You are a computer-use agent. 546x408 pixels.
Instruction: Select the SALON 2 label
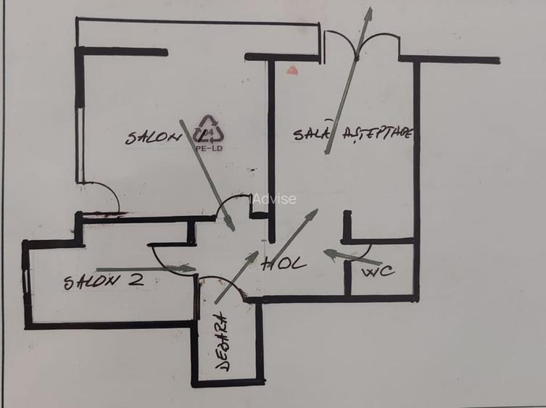(x=102, y=281)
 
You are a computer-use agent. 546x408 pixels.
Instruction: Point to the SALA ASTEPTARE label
(x=353, y=134)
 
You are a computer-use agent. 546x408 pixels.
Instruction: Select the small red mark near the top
(x=292, y=70)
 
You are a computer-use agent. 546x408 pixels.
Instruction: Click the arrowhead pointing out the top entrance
(x=369, y=14)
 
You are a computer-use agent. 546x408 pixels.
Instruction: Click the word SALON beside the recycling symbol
(x=153, y=137)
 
